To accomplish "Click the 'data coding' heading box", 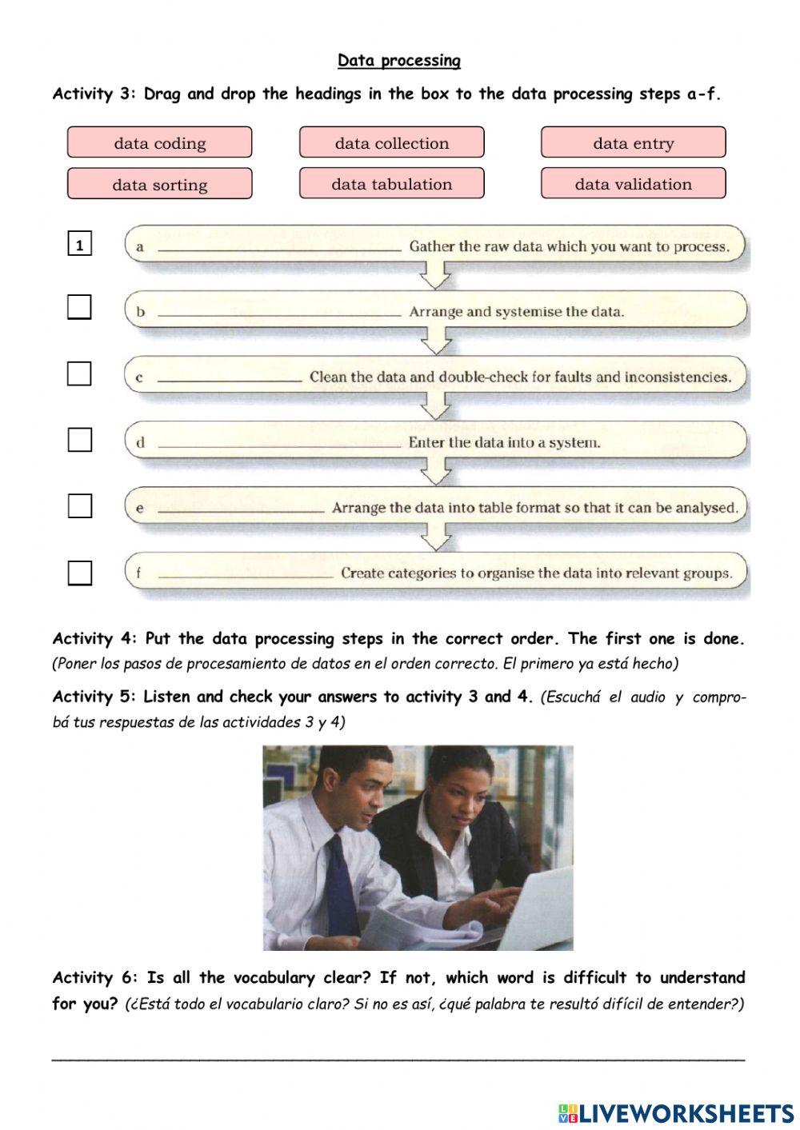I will pos(159,142).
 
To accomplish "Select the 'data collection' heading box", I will pos(391,142).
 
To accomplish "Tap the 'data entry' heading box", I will pos(633,142).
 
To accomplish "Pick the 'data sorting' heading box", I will pos(159,184).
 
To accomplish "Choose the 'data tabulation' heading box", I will pos(391,184).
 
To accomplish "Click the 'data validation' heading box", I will pos(633,184).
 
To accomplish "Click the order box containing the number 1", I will pos(79,245).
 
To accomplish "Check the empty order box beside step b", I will pos(79,307).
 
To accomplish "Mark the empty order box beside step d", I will pos(79,440).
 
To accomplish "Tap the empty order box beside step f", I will pos(79,573).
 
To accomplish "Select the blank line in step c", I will pos(230,380).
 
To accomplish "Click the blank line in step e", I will pos(241,510).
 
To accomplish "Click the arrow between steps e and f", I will pos(436,537).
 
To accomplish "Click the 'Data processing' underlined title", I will pos(398,61).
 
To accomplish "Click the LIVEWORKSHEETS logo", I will pos(675,1112).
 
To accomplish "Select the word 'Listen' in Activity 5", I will pos(166,697).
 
